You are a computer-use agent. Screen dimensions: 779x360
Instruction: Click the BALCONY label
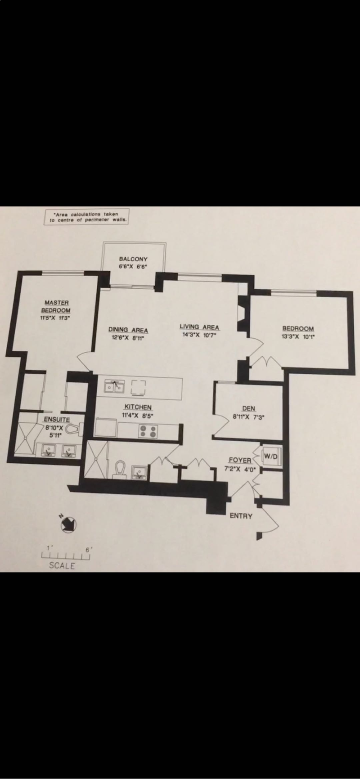coord(133,259)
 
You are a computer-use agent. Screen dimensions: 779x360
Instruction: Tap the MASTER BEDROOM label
coord(56,307)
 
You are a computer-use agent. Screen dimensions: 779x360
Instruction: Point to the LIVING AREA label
coord(199,327)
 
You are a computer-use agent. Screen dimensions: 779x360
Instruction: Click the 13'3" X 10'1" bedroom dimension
coord(298,336)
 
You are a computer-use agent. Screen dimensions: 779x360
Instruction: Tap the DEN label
coord(248,408)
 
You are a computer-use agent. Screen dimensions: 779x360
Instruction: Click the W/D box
coord(271,456)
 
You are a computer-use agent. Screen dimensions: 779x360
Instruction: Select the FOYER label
coord(240,461)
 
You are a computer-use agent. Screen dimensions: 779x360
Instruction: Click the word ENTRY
coord(241,516)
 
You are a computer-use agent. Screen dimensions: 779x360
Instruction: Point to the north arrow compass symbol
coord(68,524)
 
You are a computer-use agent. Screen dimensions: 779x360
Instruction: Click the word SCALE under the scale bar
coord(62,566)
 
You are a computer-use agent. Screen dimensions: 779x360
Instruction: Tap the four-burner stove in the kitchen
coord(148,432)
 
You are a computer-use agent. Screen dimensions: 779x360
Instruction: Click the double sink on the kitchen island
coord(114,387)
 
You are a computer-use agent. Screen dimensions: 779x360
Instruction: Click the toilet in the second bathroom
coord(120,469)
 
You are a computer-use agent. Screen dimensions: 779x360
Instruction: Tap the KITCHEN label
coord(138,407)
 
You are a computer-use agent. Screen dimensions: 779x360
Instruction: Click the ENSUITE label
coord(56,420)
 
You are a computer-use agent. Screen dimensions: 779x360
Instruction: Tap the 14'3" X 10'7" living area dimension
coord(199,335)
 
